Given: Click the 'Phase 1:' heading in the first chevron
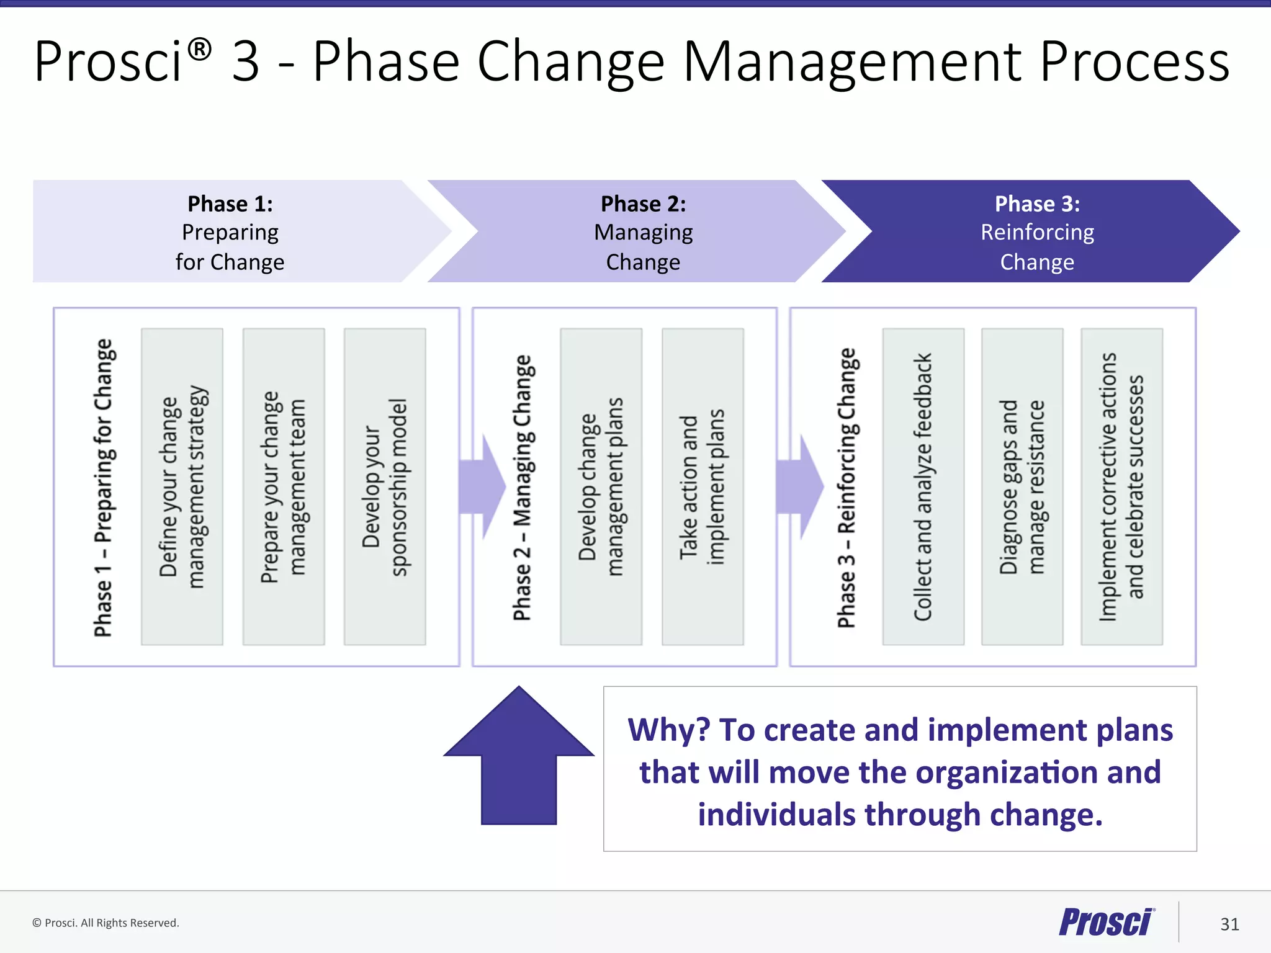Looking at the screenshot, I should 230,204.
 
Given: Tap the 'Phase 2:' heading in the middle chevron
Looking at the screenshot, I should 643,204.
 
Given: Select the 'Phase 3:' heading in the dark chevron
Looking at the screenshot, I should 1037,204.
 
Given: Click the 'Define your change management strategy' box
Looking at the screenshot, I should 182,486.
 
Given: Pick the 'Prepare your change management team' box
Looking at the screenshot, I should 284,486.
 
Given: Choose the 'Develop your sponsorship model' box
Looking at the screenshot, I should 385,486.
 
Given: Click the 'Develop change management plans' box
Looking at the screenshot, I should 601,486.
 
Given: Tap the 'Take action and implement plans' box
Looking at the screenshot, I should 703,486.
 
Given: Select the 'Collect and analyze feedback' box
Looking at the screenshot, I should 923,486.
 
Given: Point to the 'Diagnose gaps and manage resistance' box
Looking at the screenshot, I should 1022,486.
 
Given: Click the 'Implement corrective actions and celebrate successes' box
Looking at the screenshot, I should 1121,486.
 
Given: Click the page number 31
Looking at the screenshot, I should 1229,924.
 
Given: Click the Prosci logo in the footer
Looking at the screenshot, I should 1106,923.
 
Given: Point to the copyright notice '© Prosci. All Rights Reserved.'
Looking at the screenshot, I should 106,923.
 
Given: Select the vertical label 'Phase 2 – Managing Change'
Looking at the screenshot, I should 522,488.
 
